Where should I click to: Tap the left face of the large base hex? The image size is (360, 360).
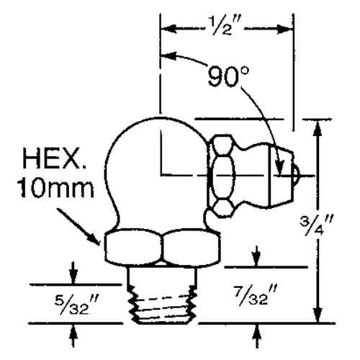(132, 248)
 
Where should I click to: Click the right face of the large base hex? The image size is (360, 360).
(189, 248)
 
